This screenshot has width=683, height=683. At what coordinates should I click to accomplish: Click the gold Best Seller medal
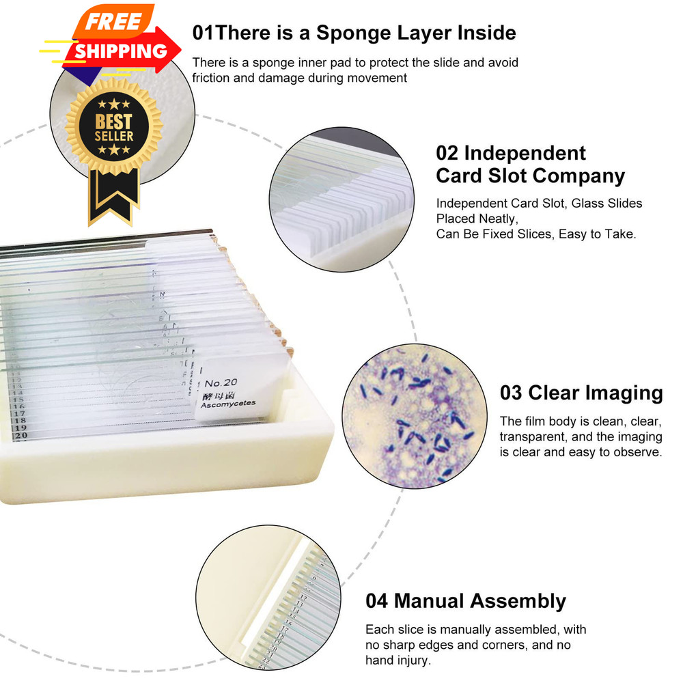113,126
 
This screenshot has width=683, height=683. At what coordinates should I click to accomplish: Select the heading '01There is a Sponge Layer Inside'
354,32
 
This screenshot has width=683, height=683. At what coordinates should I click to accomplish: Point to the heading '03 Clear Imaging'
581,393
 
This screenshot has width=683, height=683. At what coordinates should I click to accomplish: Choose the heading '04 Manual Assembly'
466,601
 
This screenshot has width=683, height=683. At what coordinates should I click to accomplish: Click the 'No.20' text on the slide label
221,382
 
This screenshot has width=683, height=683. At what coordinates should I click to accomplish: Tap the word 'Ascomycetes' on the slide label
228,404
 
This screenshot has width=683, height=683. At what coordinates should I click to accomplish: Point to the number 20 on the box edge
20,434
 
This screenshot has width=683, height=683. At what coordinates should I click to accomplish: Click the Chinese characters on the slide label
214,394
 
